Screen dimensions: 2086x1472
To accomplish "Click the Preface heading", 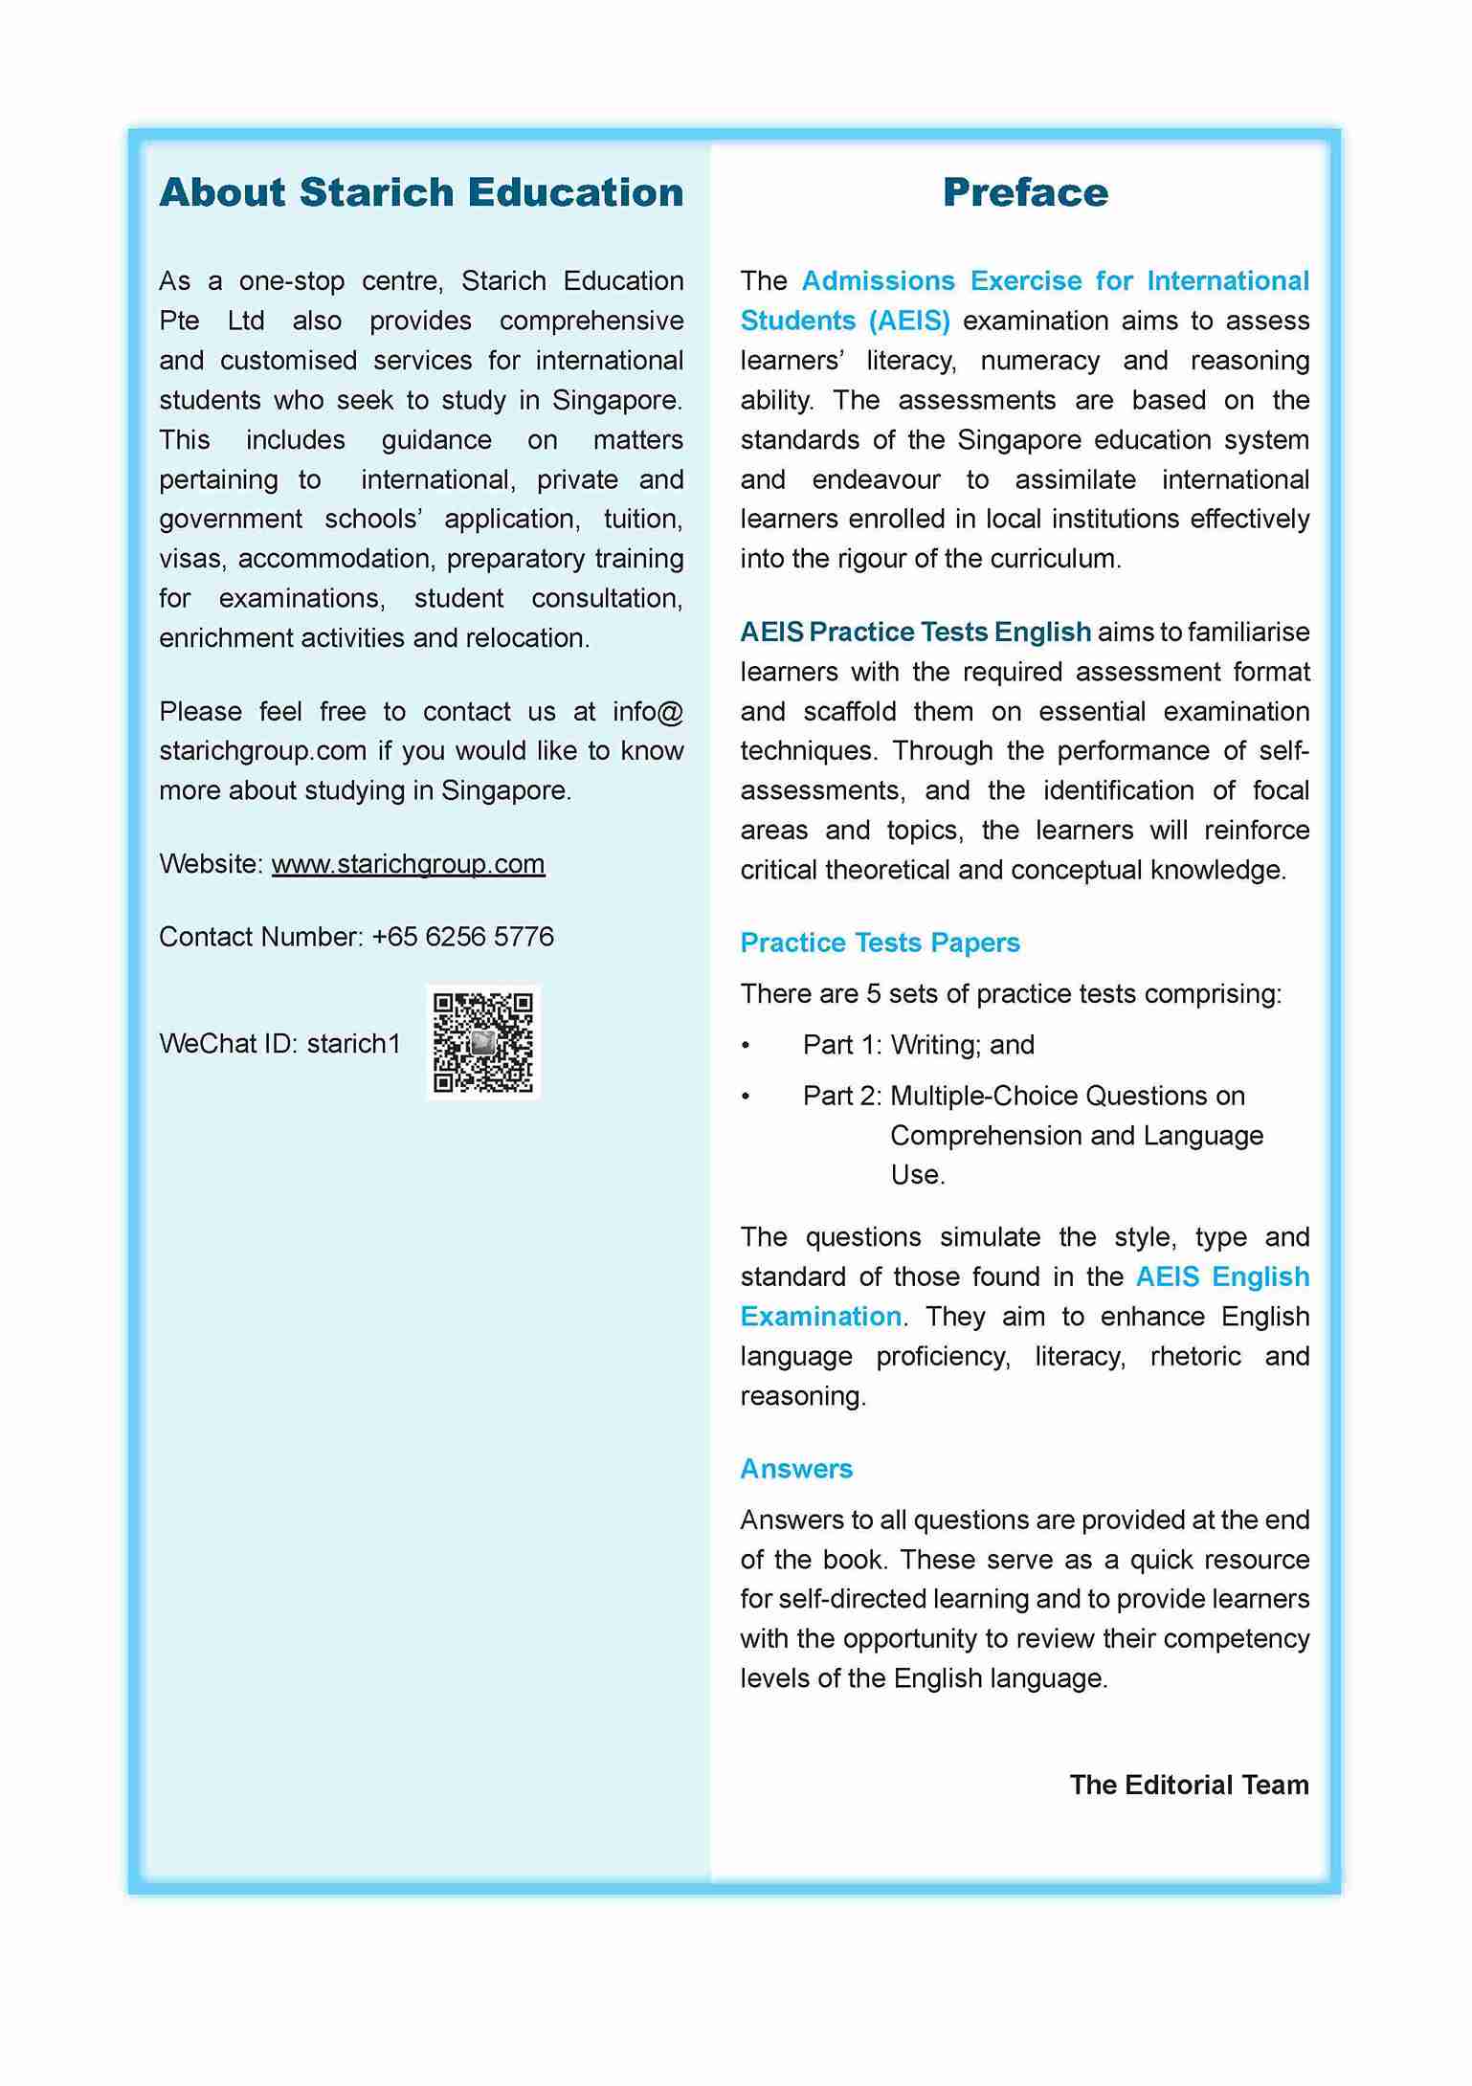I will (1024, 192).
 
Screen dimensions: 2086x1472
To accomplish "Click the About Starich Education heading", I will (421, 192).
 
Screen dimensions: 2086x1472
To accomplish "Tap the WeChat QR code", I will (483, 1042).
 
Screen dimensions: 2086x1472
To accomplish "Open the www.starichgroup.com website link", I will (408, 863).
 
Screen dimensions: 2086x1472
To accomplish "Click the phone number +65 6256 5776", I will (462, 936).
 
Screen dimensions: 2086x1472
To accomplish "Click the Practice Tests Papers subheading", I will (880, 943).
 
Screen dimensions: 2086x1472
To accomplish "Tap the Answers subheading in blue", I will (795, 1468).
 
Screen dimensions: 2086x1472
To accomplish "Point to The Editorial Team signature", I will (1189, 1785).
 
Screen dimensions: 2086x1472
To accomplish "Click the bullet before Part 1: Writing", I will (746, 1045).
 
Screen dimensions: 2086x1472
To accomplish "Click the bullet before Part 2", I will (746, 1096).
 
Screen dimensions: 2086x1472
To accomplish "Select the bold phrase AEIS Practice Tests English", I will (915, 632).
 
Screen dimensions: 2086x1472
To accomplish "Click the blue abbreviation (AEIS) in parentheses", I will (909, 321).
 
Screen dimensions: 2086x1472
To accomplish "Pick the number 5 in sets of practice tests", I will (873, 993).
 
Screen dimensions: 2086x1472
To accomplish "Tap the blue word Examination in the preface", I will (820, 1316).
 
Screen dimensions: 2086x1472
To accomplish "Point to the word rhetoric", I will (1195, 1356).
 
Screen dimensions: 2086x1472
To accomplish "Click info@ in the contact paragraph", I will (648, 711).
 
